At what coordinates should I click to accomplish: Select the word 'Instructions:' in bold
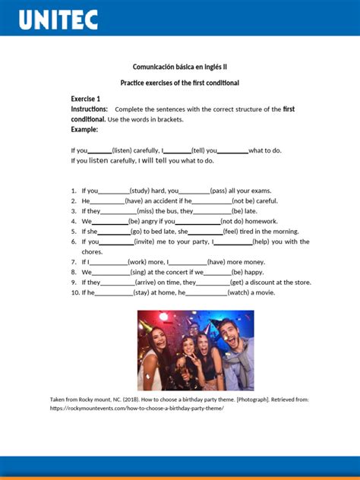click(x=90, y=109)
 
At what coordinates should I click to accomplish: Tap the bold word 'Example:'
click(x=84, y=130)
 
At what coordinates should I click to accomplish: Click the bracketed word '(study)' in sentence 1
click(x=140, y=191)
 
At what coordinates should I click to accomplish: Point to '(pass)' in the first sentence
click(x=219, y=191)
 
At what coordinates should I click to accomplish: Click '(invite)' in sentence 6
click(x=144, y=242)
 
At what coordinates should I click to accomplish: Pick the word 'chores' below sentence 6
click(x=92, y=251)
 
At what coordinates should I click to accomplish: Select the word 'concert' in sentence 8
click(x=173, y=272)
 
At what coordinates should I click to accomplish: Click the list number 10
click(x=74, y=292)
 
